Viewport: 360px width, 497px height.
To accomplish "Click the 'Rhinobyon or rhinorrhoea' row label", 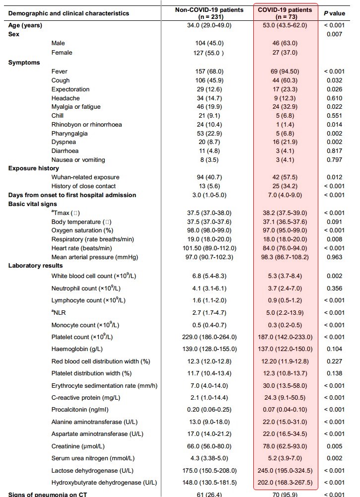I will click(x=86, y=124).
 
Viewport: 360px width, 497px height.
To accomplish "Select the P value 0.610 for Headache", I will click(x=334, y=98).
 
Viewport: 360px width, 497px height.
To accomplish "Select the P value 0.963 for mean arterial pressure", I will click(x=334, y=257).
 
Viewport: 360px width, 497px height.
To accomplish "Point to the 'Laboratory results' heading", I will click(x=32, y=266).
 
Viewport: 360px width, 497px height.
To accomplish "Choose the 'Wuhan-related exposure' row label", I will click(x=85, y=177).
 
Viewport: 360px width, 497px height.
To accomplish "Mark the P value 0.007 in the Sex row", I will click(x=334, y=35).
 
